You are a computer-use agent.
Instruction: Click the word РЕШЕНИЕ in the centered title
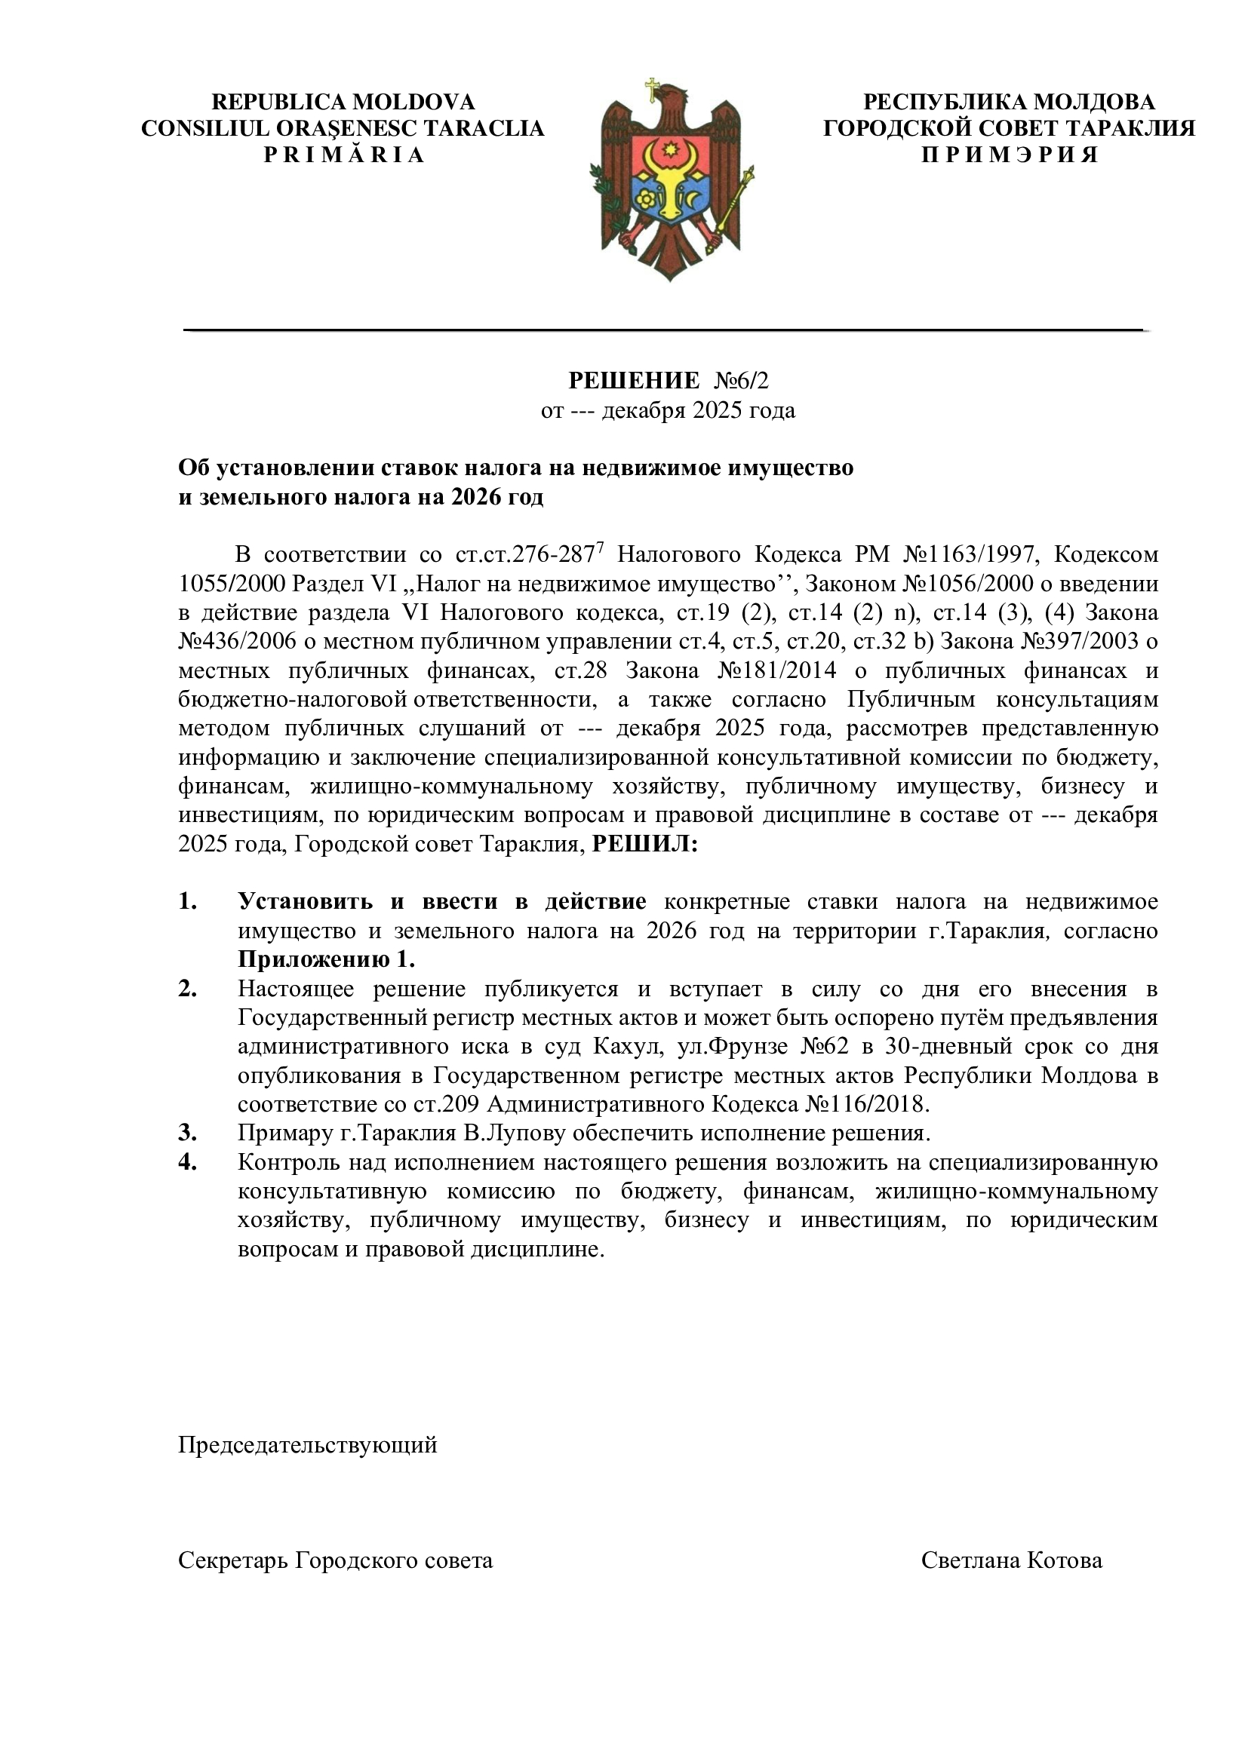coord(634,380)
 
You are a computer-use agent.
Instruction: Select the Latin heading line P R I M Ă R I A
coord(343,155)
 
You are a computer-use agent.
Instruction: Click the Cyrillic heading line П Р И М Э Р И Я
coord(1009,155)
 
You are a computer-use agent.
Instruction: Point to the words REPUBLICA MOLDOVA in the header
coord(343,102)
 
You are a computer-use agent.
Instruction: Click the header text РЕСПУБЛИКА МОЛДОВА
coord(1009,102)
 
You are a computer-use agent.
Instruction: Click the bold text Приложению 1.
coord(326,959)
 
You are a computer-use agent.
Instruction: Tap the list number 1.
coord(188,902)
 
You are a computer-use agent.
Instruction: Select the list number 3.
coord(188,1134)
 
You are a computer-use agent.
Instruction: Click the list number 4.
coord(188,1161)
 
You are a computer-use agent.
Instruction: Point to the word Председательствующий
coord(307,1445)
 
